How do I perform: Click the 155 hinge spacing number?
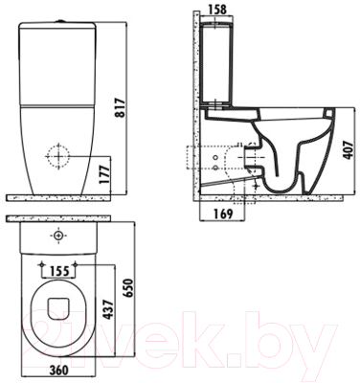point(58,271)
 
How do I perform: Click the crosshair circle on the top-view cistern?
point(58,235)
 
